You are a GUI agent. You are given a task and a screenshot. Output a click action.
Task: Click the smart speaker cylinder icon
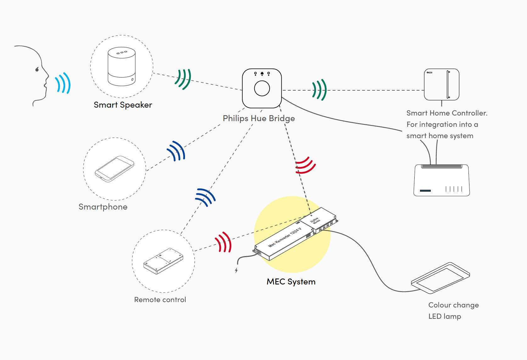[x=121, y=66]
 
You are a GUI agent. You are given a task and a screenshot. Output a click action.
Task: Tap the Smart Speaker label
[x=123, y=105]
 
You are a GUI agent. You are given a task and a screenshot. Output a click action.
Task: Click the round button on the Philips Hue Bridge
[x=262, y=88]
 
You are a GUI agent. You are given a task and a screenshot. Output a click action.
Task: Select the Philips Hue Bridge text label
[x=259, y=118]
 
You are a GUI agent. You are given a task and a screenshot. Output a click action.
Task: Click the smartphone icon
[x=115, y=169]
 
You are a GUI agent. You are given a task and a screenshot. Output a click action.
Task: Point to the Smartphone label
[x=103, y=207]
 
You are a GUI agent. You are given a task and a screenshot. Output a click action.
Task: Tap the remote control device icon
[x=163, y=261]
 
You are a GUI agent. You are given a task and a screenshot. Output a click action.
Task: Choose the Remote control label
[x=160, y=300]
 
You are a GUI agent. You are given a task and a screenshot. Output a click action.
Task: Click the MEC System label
[x=291, y=282]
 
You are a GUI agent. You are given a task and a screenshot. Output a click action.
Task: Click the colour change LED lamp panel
[x=440, y=277]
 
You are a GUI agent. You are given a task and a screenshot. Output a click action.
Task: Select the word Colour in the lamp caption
[x=440, y=305]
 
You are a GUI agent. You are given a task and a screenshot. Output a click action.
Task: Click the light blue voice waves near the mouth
[x=63, y=83]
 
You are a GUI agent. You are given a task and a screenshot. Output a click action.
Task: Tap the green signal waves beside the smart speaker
[x=183, y=79]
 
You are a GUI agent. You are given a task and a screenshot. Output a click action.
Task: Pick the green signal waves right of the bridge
[x=319, y=90]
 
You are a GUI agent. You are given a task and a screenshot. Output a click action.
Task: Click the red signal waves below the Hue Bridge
[x=305, y=165]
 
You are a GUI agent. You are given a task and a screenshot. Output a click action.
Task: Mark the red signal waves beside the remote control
[x=223, y=243]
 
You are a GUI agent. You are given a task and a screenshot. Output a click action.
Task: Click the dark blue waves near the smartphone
[x=177, y=151]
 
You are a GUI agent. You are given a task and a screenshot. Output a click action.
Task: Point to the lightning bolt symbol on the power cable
[x=236, y=270]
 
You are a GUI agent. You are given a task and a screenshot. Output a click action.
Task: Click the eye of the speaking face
[x=37, y=69]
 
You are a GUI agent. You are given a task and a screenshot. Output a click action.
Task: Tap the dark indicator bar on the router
[x=425, y=190]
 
